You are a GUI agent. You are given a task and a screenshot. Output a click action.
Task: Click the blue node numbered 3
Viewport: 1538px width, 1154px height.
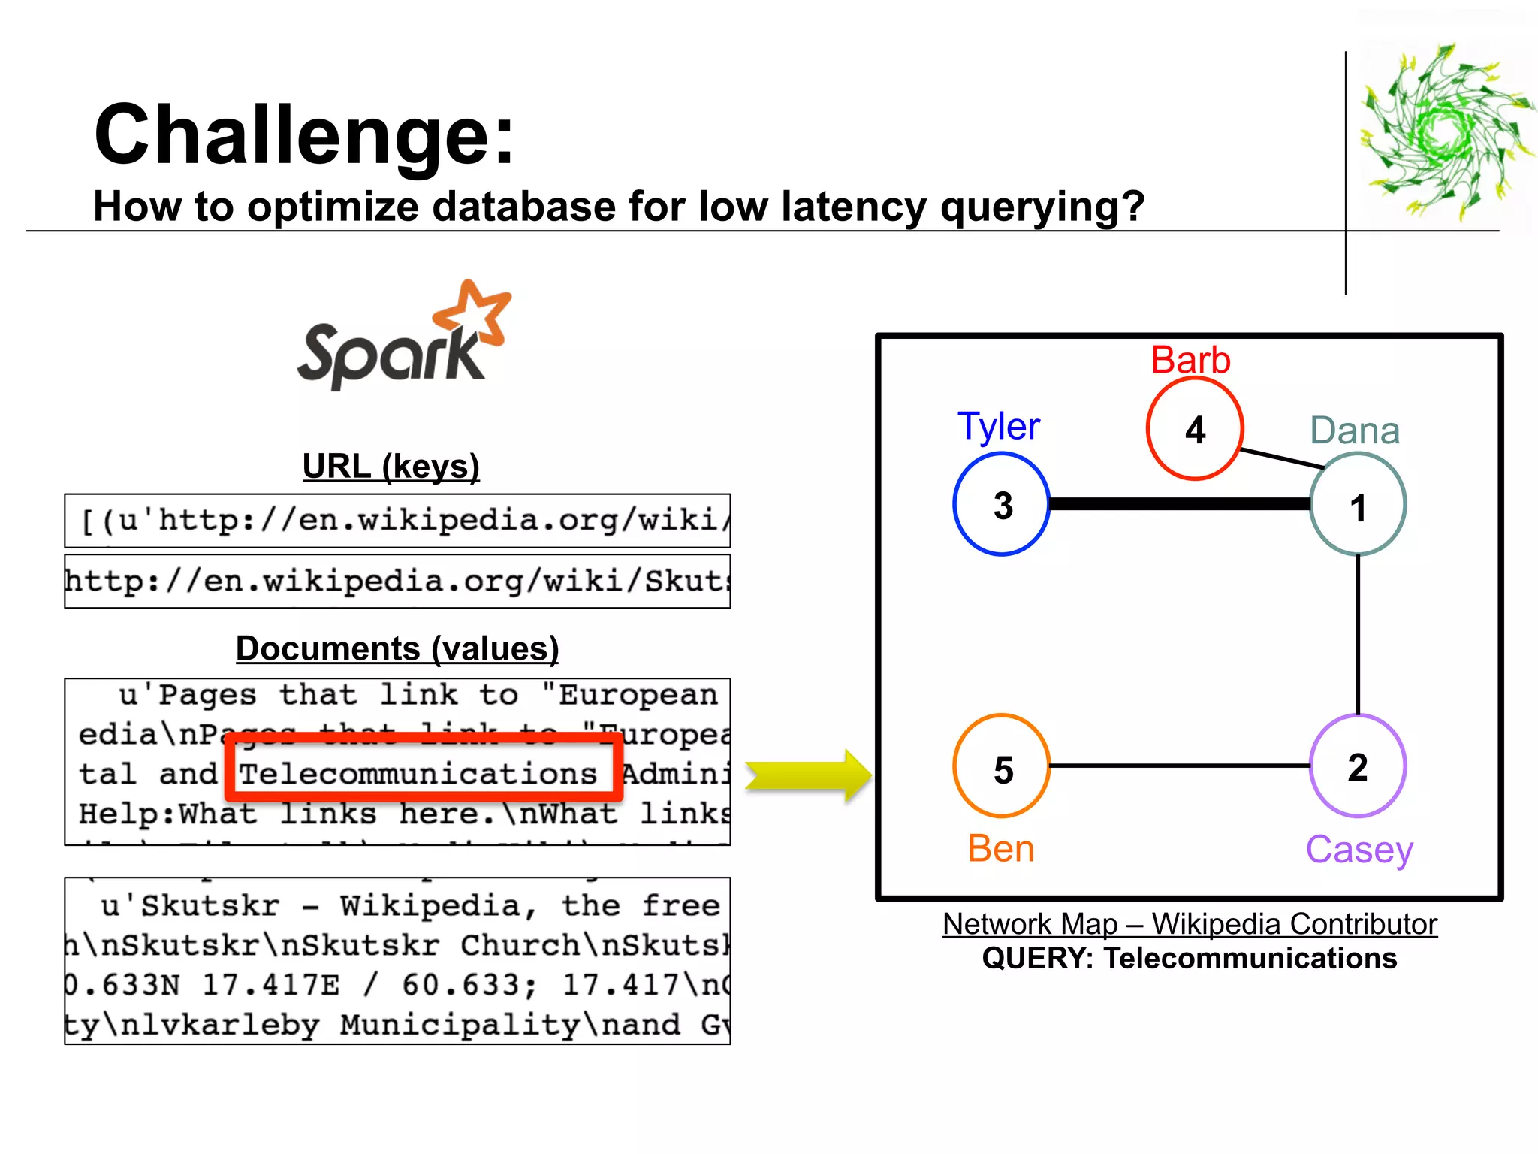click(x=1001, y=504)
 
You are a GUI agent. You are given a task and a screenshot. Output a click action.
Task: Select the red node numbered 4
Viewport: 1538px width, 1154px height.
click(x=1195, y=429)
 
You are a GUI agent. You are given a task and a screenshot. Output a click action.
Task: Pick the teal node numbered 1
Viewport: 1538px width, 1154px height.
click(x=1358, y=505)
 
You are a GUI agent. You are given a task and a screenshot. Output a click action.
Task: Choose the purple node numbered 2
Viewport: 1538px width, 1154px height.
click(x=1358, y=766)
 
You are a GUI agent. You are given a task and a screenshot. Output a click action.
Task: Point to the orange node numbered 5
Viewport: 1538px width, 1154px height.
click(x=1001, y=766)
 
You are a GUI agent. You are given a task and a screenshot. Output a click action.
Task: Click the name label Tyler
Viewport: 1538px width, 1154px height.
click(x=998, y=426)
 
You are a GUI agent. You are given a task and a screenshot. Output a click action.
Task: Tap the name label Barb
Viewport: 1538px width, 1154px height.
click(x=1190, y=360)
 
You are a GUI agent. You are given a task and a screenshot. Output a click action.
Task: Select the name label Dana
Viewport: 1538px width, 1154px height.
click(x=1355, y=430)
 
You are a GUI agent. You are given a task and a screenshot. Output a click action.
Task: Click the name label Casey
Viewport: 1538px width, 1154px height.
click(x=1359, y=850)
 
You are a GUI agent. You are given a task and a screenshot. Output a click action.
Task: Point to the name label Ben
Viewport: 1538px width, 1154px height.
click(x=1001, y=849)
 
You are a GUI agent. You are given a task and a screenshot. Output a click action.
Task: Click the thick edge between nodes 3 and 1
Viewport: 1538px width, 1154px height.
click(x=1179, y=504)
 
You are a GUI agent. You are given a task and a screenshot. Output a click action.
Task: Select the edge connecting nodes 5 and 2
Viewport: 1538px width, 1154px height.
click(x=1179, y=766)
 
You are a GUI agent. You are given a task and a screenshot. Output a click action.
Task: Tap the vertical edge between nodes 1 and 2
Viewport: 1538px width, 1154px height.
click(x=1358, y=635)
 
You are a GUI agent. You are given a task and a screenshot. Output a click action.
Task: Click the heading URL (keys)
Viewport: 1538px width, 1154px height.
click(x=391, y=467)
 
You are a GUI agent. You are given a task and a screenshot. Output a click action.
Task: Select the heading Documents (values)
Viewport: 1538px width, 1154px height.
click(x=397, y=648)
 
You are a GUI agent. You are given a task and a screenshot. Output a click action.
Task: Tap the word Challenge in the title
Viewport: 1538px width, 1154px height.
click(x=303, y=135)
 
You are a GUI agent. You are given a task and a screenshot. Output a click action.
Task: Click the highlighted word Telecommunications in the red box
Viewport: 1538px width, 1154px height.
click(x=418, y=774)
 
